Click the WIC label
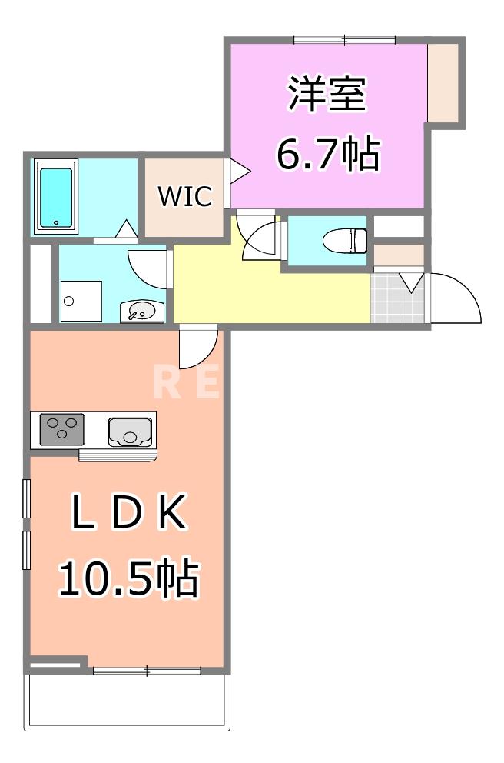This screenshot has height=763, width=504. (x=184, y=197)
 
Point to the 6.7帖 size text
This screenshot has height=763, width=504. (x=327, y=155)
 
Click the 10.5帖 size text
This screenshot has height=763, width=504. (x=128, y=578)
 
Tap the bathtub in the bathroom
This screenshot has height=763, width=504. (x=56, y=197)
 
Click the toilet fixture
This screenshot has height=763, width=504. (x=342, y=241)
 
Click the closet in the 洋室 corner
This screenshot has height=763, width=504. (x=443, y=82)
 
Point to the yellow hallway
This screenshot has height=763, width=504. (x=269, y=292)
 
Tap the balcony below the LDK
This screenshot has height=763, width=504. (x=128, y=701)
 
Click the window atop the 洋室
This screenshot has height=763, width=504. (x=345, y=38)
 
